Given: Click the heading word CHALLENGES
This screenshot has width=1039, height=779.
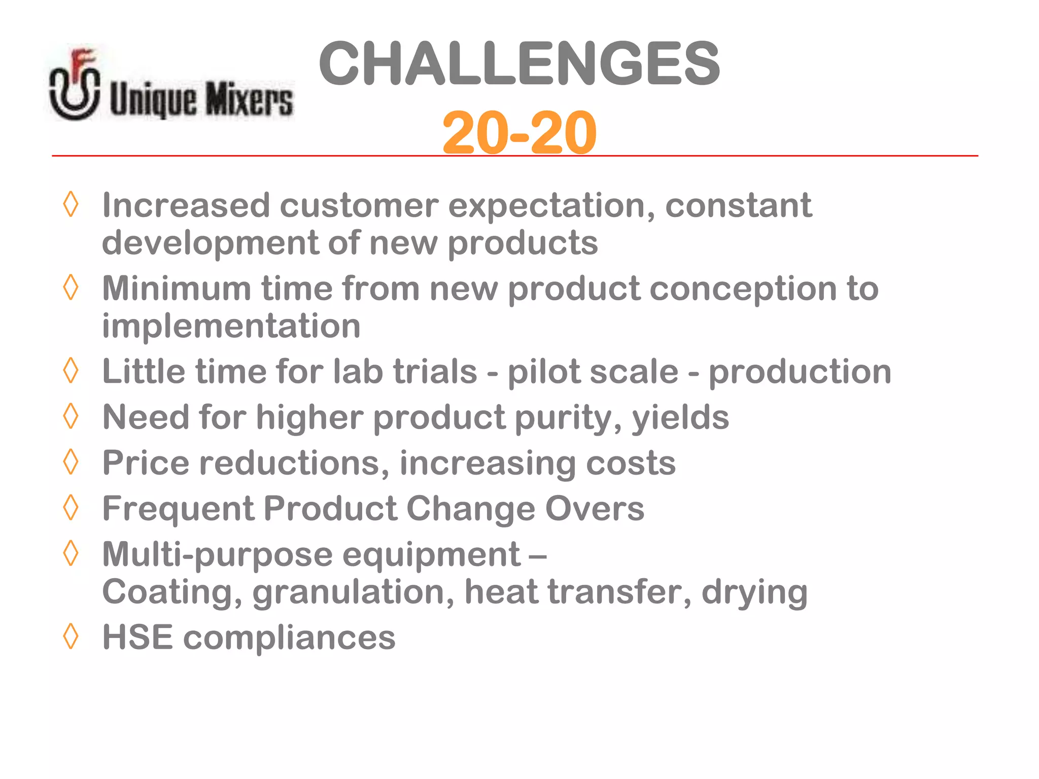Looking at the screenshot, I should point(519,64).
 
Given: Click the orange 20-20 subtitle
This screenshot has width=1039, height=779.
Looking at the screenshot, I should point(519,133).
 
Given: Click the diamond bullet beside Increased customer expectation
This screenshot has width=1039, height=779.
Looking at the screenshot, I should point(71,204).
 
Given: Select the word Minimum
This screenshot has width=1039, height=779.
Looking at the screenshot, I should point(176,289).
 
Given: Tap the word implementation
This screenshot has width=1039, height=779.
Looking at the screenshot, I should point(231,326).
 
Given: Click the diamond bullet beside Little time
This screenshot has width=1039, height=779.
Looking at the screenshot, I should point(71,370).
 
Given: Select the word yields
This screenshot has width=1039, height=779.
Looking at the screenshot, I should point(680,418).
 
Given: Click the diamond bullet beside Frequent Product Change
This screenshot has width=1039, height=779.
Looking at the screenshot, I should point(71,507).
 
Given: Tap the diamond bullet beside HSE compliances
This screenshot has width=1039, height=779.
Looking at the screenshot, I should point(71,636).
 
